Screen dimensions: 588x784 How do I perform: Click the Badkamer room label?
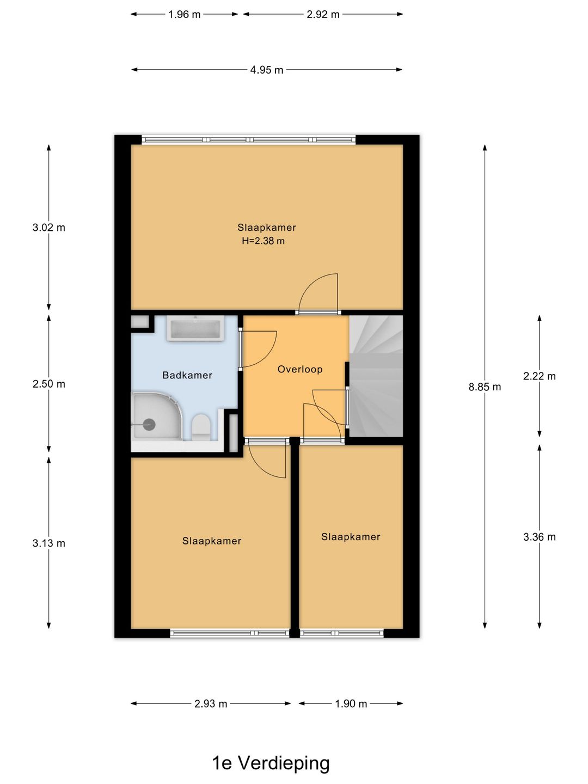[x=187, y=375]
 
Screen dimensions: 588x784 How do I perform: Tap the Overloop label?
[x=300, y=369]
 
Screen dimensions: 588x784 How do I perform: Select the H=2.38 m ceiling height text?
[x=263, y=241]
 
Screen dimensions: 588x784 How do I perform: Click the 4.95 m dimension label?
[x=267, y=70]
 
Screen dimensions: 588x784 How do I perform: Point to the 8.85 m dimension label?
[x=485, y=387]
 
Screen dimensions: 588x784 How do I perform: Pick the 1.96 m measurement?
[x=184, y=14]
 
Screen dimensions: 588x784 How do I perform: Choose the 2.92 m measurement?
[x=323, y=14]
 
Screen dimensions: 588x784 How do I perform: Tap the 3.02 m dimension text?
[x=49, y=227]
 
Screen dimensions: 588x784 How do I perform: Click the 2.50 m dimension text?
[x=49, y=384]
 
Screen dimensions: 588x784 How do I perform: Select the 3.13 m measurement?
[x=49, y=543]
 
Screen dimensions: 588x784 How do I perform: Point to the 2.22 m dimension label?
[x=539, y=376]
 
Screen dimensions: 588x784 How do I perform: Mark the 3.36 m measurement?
[x=539, y=536]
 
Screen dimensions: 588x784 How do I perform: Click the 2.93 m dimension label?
[x=211, y=703]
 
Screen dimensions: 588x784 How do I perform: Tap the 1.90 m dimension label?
[x=351, y=703]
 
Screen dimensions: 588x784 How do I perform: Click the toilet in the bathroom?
[x=200, y=427]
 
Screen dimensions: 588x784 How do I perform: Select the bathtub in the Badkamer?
[x=195, y=329]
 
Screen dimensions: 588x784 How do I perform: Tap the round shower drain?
[x=149, y=425]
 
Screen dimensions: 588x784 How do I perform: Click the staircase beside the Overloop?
[x=376, y=376]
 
